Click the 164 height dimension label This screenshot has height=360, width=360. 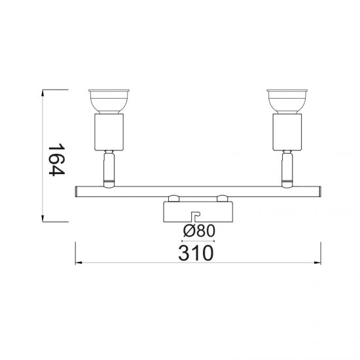[x=56, y=159]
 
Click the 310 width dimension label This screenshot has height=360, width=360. [x=196, y=253]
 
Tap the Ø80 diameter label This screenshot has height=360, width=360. [x=199, y=230]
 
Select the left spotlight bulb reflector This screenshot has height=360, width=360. [x=109, y=101]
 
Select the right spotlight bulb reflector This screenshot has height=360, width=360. [x=287, y=101]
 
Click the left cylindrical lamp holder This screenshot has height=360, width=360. [x=109, y=132]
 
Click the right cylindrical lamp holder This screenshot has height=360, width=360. [x=287, y=132]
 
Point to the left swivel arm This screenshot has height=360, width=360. [x=109, y=169]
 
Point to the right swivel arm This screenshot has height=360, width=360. [x=287, y=169]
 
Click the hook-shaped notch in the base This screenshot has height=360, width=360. [x=196, y=217]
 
